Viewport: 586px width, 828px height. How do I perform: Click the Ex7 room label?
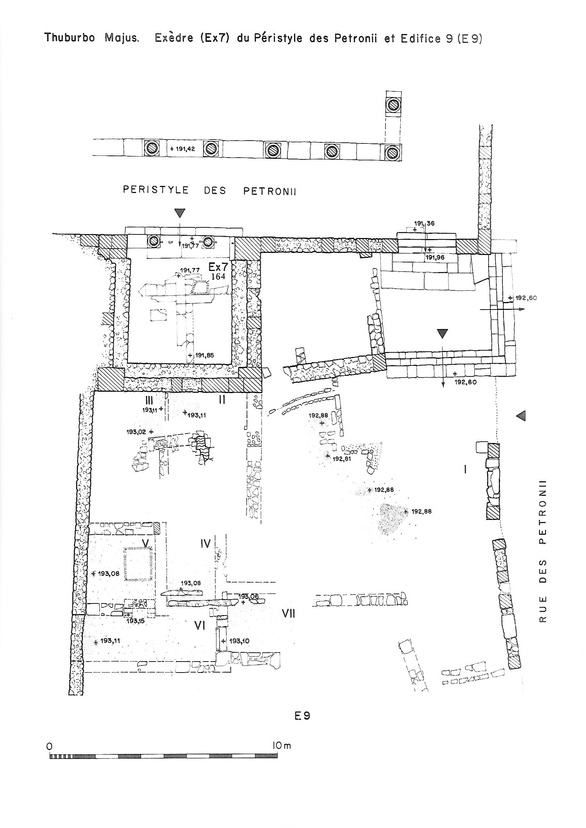218,267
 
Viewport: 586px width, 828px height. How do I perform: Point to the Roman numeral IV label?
205,544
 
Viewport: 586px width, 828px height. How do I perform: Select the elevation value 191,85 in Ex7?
205,355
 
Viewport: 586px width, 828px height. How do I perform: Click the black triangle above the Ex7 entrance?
180,213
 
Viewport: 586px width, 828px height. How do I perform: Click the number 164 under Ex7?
218,276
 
